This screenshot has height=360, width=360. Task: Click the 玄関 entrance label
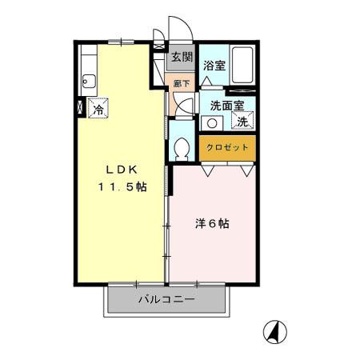click(x=182, y=57)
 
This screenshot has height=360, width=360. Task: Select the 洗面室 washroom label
click(x=227, y=105)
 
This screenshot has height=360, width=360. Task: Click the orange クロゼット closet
click(x=228, y=148)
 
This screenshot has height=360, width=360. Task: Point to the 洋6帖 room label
click(x=212, y=225)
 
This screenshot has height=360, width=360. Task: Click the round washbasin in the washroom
click(x=211, y=123)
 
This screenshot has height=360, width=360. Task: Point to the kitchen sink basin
click(x=88, y=81)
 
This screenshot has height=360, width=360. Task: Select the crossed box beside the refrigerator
click(x=79, y=106)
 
